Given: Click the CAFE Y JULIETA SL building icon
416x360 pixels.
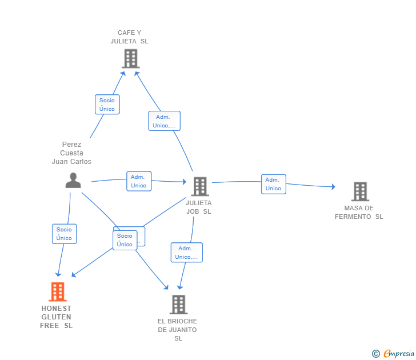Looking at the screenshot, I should coord(130,58).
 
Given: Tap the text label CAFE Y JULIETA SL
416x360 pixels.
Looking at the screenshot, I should coord(129,37).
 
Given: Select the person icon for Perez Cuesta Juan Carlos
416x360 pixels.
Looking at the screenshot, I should coord(73,180).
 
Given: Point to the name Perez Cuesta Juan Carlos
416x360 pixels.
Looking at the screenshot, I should coord(71,153).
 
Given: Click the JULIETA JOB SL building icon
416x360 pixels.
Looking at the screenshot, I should coord(199,186).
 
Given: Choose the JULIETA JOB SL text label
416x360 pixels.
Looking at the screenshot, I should coord(198,207).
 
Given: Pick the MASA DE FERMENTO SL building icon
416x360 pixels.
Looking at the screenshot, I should coord(359,191).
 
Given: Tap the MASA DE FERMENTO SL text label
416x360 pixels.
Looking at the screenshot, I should coord(359,213).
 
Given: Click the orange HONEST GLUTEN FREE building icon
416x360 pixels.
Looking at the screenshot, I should coord(57,291).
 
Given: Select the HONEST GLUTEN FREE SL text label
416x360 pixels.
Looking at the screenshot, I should coord(56,317).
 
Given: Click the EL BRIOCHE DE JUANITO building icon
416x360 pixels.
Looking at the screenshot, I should coord(178,305).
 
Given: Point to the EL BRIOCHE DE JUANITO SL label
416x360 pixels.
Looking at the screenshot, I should coord(178,330).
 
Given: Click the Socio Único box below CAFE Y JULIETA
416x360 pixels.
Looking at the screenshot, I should coord(107,105).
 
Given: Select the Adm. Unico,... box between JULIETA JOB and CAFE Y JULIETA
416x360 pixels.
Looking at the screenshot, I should coord(165,121).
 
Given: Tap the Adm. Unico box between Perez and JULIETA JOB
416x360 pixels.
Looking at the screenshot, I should coord(139,181).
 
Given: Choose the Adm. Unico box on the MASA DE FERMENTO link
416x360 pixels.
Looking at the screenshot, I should coord(274,184).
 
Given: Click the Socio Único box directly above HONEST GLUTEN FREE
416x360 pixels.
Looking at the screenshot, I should coord(64,234).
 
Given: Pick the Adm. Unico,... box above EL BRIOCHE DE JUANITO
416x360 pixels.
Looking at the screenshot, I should coord(186,253).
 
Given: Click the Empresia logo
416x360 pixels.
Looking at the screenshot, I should coord(394,354).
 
